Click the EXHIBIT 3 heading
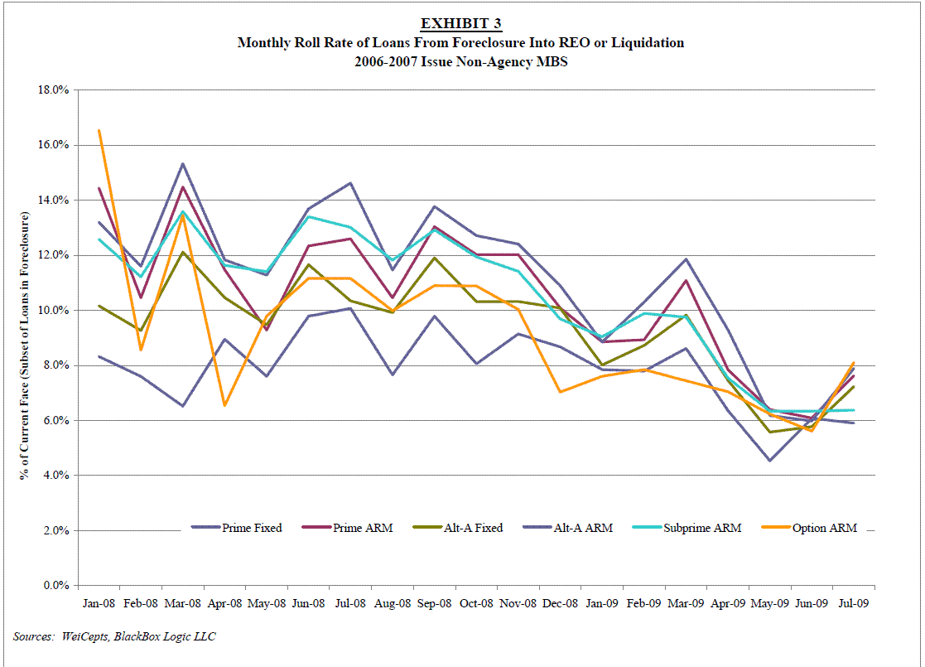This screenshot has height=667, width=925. pos(460,22)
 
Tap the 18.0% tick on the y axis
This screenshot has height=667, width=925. pos(51,89)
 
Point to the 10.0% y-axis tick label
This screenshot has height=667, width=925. pos(51,310)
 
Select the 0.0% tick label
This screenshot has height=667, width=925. pos(54,585)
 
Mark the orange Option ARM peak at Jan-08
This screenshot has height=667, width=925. pos(99,130)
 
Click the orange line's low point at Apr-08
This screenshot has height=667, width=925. pos(224,405)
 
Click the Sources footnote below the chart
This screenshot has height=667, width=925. pos(115,636)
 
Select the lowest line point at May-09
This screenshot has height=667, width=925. pos(770,461)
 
